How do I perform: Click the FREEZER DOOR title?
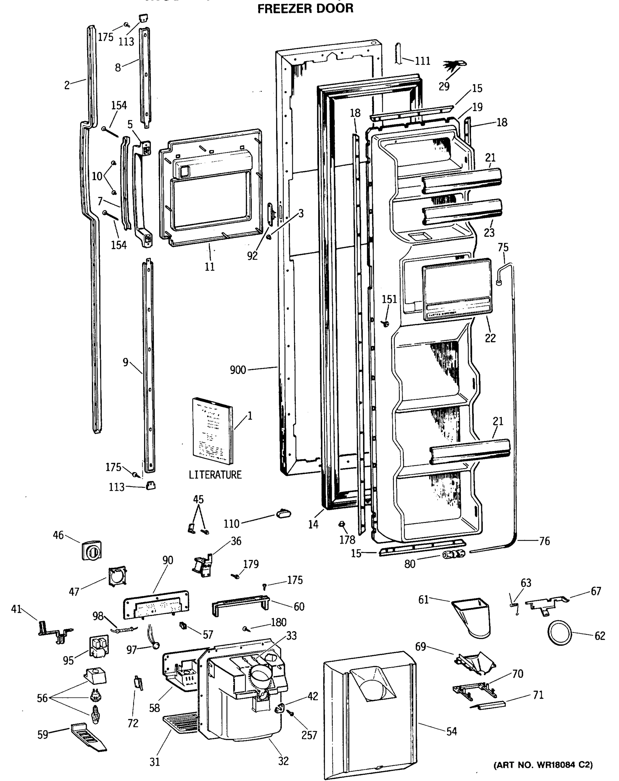pos(305,8)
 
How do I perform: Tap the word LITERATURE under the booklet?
pos(215,474)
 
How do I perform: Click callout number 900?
pos(238,370)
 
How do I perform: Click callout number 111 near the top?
pos(423,61)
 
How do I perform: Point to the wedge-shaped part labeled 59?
pos(88,736)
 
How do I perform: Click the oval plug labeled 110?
pos(283,513)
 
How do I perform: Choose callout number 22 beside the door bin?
pos(490,338)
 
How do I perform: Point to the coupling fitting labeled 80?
pos(453,554)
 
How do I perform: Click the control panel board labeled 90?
pos(156,604)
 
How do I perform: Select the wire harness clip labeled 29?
pos(455,65)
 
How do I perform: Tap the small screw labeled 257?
pos(290,713)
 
